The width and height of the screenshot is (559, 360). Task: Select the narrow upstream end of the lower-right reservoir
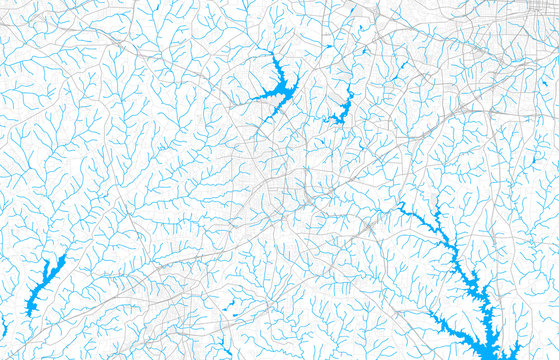pyautogui.click(x=401, y=208)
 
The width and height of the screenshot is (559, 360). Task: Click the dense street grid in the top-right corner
pyautogui.click(x=530, y=15)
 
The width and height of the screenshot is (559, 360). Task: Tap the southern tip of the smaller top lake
pyautogui.click(x=335, y=122)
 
